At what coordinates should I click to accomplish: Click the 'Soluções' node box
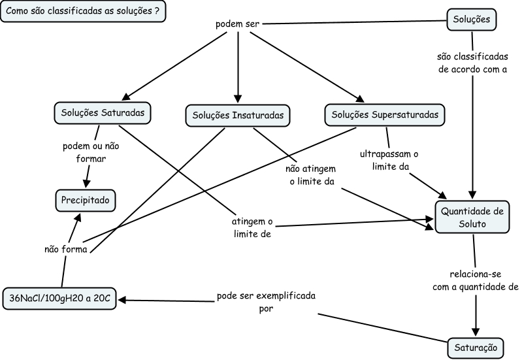[x=472, y=20]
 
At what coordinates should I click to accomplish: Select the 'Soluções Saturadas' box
[x=103, y=112]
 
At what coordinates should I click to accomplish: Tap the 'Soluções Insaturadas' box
[x=238, y=115]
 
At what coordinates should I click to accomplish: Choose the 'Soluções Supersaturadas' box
[x=385, y=114]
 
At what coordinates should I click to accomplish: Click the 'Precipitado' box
[x=85, y=199]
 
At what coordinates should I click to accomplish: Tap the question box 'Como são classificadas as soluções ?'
[x=82, y=12]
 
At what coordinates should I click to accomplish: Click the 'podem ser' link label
[x=238, y=25]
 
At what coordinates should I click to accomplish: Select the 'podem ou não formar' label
[x=85, y=152]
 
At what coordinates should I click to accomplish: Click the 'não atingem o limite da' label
[x=312, y=175]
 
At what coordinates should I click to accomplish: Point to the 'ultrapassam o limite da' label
[x=389, y=161]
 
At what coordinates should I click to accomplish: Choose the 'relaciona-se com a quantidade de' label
[x=475, y=280]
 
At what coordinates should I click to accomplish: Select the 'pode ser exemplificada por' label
[x=266, y=303]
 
